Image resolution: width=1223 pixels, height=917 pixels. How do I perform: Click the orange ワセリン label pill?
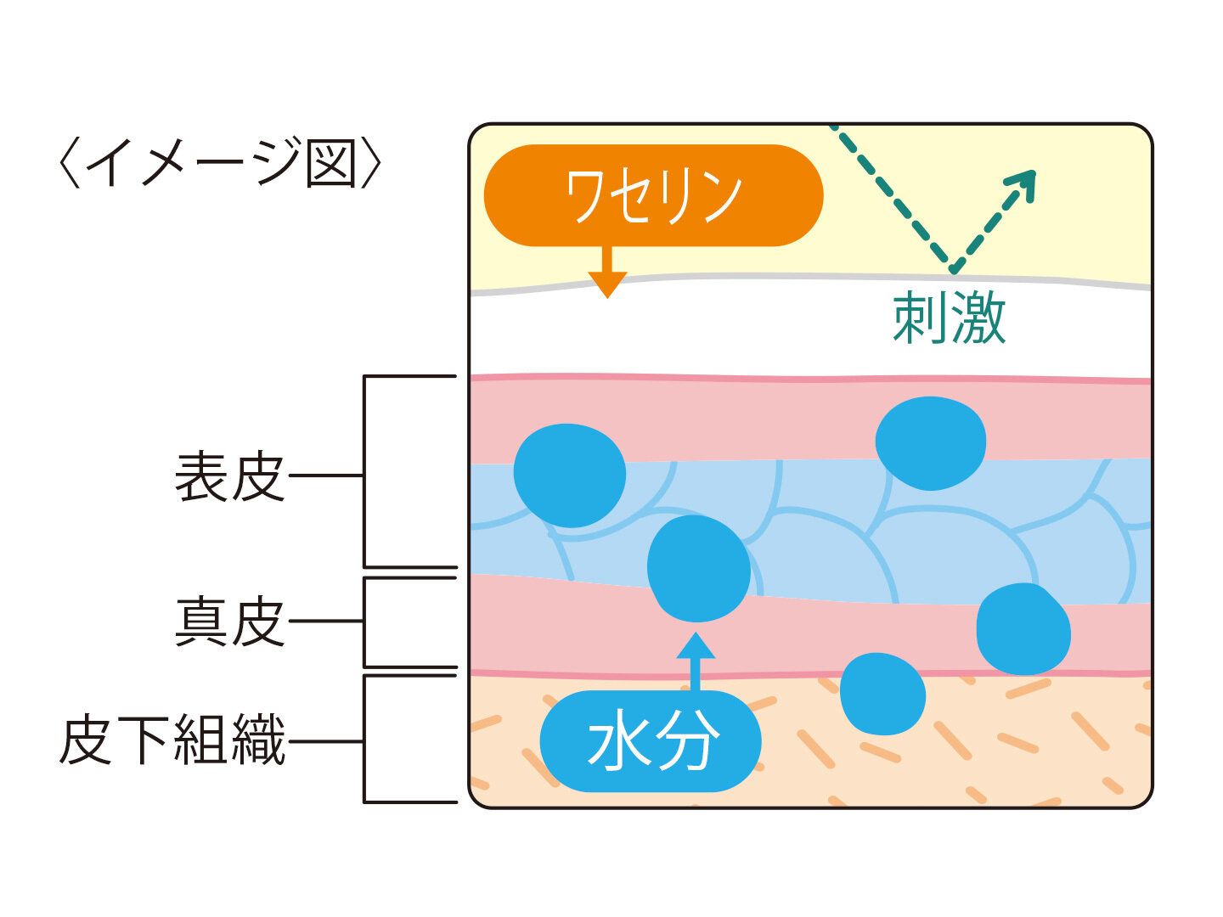(653, 195)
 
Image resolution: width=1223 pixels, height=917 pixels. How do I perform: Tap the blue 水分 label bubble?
(651, 741)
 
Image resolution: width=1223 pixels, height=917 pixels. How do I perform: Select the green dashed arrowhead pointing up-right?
(1025, 182)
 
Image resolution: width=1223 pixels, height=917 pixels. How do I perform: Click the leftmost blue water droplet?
(570, 475)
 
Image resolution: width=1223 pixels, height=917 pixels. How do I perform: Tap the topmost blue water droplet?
(931, 442)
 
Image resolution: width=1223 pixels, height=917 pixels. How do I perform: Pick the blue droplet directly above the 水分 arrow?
(698, 568)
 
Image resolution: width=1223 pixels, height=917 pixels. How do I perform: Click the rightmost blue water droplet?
(1023, 629)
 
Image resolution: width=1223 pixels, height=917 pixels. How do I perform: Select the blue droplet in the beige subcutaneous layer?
(882, 694)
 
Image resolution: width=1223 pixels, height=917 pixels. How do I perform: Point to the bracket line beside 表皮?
(365, 471)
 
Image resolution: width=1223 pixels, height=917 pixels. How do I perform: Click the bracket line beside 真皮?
(365, 622)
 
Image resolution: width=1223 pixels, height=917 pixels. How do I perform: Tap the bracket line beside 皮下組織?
(365, 739)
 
